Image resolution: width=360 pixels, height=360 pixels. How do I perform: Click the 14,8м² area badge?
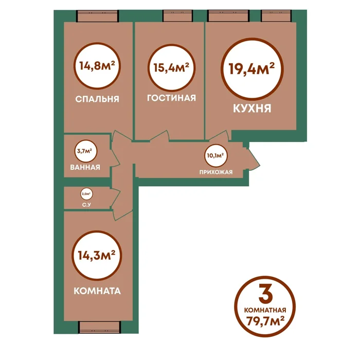point(97,66)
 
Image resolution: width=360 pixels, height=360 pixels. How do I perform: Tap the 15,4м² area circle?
point(171,68)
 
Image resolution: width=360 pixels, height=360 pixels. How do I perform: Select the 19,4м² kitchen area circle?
point(252,69)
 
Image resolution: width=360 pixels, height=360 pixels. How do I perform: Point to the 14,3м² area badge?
point(97,255)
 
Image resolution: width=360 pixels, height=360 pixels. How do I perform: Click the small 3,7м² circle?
point(86,151)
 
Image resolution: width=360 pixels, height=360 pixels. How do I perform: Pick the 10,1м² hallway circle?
point(216,155)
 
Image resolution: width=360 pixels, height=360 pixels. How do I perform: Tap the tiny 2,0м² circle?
point(86,194)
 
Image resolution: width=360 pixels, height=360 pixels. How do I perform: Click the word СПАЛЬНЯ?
point(97,99)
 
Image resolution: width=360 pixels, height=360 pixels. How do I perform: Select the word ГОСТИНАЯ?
point(171,98)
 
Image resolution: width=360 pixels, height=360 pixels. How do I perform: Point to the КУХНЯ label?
point(252,108)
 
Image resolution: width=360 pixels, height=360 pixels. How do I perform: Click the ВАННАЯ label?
point(85,167)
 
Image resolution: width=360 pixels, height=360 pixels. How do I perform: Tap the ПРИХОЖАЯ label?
point(216,172)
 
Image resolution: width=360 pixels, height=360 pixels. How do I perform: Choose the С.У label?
point(86,205)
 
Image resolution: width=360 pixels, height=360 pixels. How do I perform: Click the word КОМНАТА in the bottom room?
point(97,291)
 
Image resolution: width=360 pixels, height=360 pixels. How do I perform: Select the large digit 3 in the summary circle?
point(265,293)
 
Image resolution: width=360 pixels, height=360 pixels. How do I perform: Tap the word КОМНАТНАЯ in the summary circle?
point(265,310)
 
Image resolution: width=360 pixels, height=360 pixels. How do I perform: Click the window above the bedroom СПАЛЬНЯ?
point(98,16)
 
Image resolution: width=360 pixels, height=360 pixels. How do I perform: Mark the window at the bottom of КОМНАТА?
point(100,327)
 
